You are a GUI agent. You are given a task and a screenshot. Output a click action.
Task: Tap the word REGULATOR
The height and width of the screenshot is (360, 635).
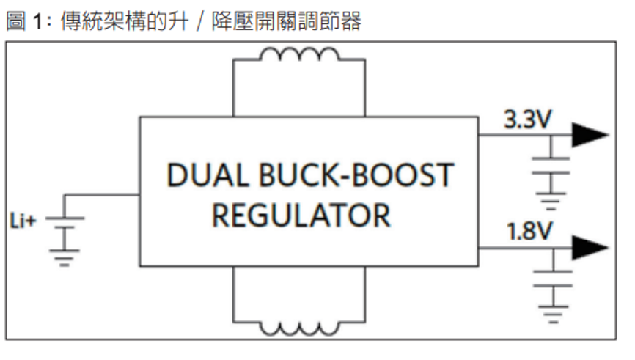(x=301, y=216)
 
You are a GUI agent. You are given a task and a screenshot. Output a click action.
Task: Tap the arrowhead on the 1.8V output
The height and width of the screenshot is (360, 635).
(x=590, y=248)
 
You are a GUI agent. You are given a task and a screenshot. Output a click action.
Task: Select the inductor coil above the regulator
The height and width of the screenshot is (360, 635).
(x=299, y=55)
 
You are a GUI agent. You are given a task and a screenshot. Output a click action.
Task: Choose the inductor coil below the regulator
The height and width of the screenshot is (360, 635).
(x=299, y=327)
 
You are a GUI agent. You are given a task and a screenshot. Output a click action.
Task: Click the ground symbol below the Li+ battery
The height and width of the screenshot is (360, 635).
(x=66, y=256)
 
